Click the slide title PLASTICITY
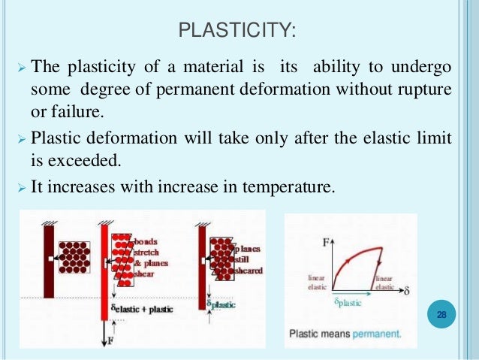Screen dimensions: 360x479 point(239,30)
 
